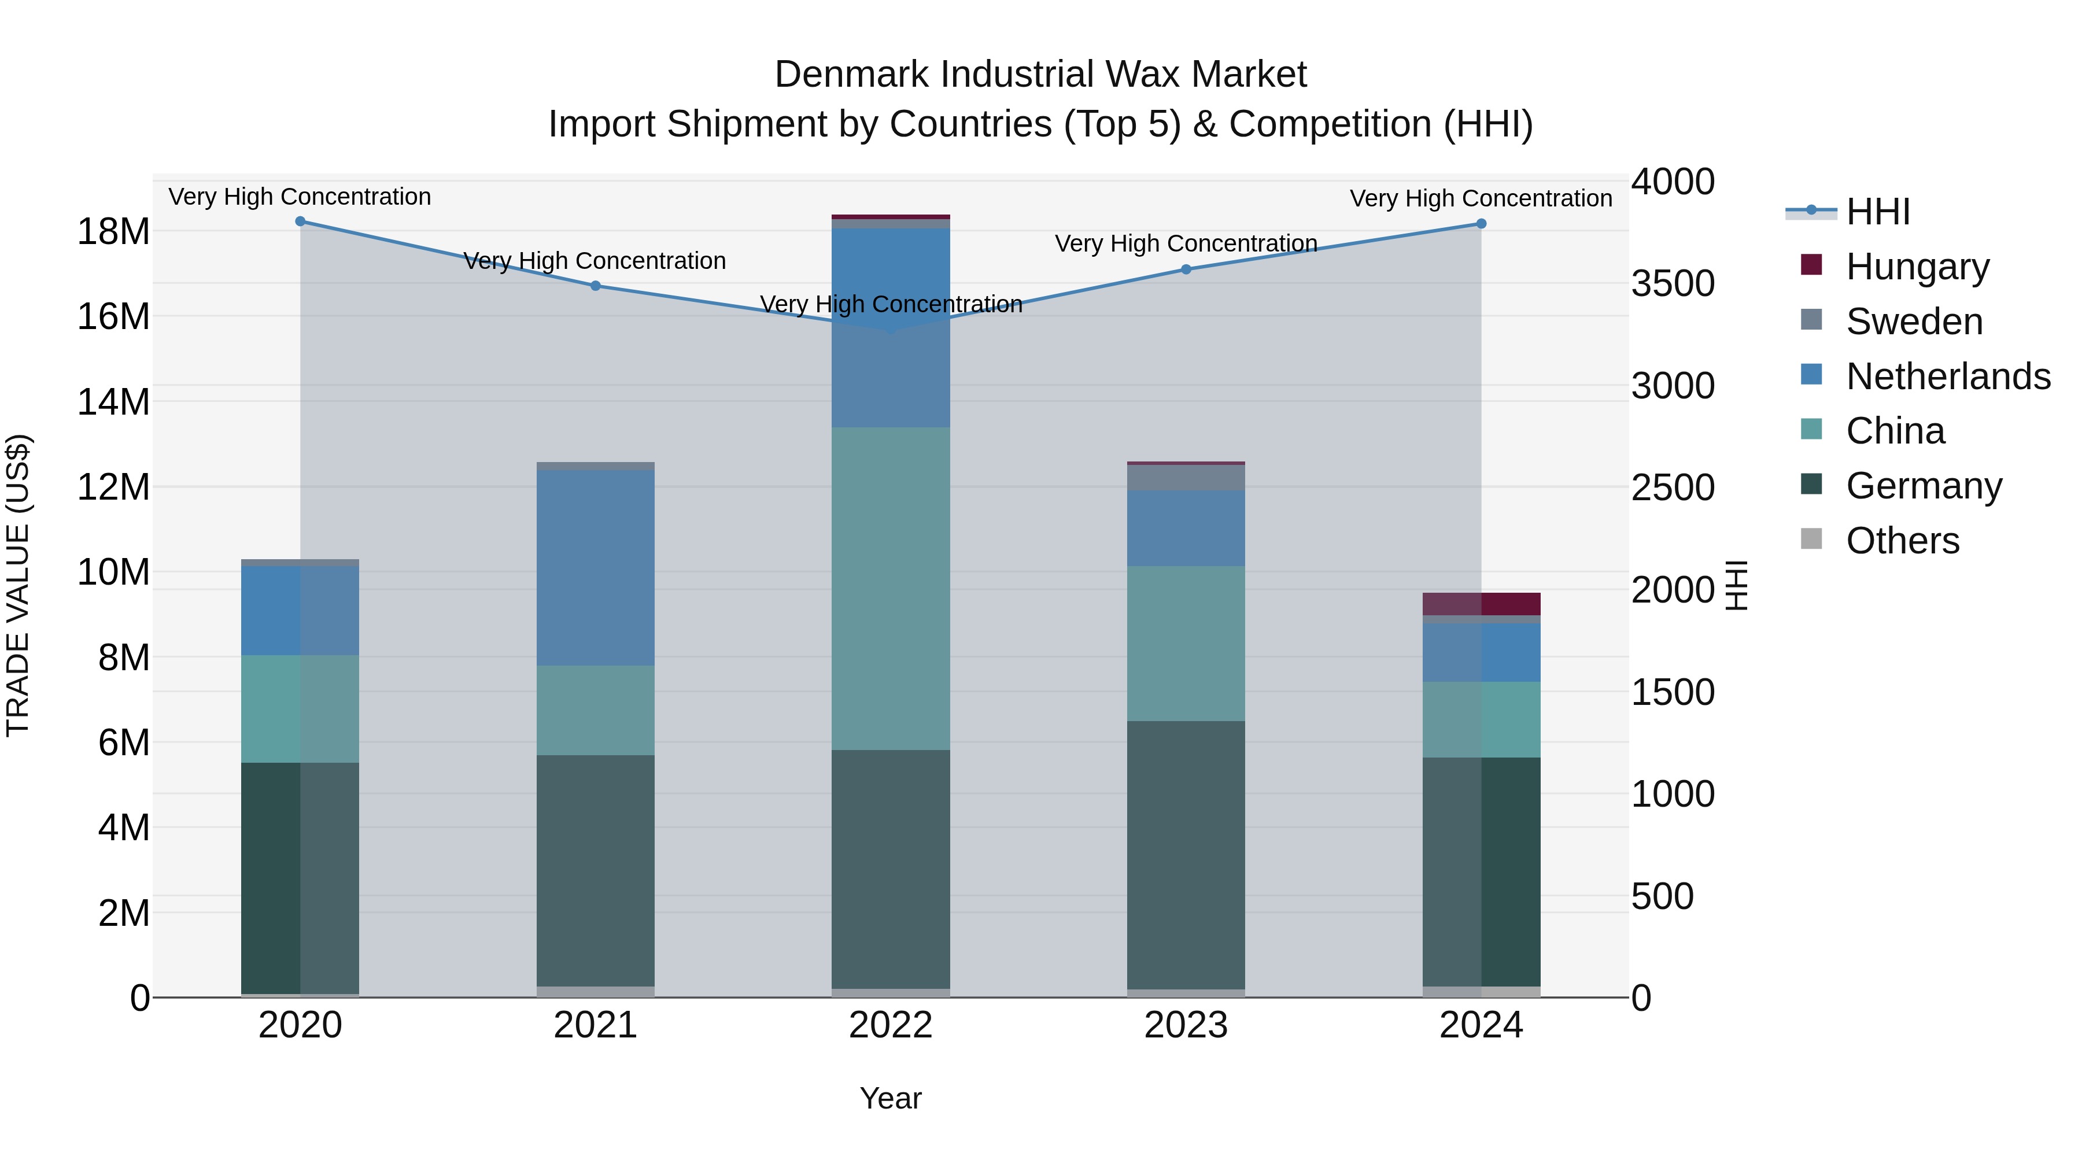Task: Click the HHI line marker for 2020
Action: point(300,221)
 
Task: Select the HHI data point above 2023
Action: point(1186,269)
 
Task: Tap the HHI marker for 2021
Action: point(596,285)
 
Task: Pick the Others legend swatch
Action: point(1811,539)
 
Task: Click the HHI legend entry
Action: point(1877,212)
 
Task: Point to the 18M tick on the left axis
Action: point(113,232)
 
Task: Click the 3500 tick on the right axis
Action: point(1672,284)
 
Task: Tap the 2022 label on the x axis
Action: point(891,1025)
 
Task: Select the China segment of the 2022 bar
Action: point(891,588)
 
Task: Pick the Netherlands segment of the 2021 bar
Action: point(596,567)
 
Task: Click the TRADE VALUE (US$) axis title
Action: point(18,585)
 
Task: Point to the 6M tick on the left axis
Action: point(124,743)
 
